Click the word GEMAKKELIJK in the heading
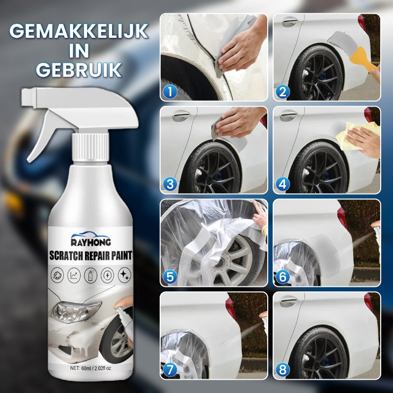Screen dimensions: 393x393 pyautogui.click(x=79, y=31)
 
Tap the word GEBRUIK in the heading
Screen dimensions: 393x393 pyautogui.click(x=79, y=70)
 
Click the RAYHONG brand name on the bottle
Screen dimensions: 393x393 pyautogui.click(x=91, y=242)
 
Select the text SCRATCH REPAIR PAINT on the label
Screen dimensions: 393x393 pyautogui.click(x=90, y=255)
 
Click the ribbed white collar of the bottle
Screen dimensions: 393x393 pyautogui.click(x=90, y=147)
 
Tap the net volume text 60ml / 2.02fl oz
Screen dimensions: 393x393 pyautogui.click(x=90, y=368)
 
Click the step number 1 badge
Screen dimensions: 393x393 pyautogui.click(x=170, y=92)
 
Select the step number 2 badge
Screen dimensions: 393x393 pyautogui.click(x=283, y=92)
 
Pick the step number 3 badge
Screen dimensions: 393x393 pyautogui.click(x=170, y=185)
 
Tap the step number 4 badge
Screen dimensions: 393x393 pyautogui.click(x=283, y=185)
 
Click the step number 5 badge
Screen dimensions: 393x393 pyautogui.click(x=170, y=277)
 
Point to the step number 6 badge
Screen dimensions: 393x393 pyautogui.click(x=283, y=277)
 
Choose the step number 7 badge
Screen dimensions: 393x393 pyautogui.click(x=170, y=370)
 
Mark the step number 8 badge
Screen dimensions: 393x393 pyautogui.click(x=283, y=370)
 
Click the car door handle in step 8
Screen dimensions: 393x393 pyautogui.click(x=289, y=301)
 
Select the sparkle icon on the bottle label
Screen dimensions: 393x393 pyautogui.click(x=125, y=275)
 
